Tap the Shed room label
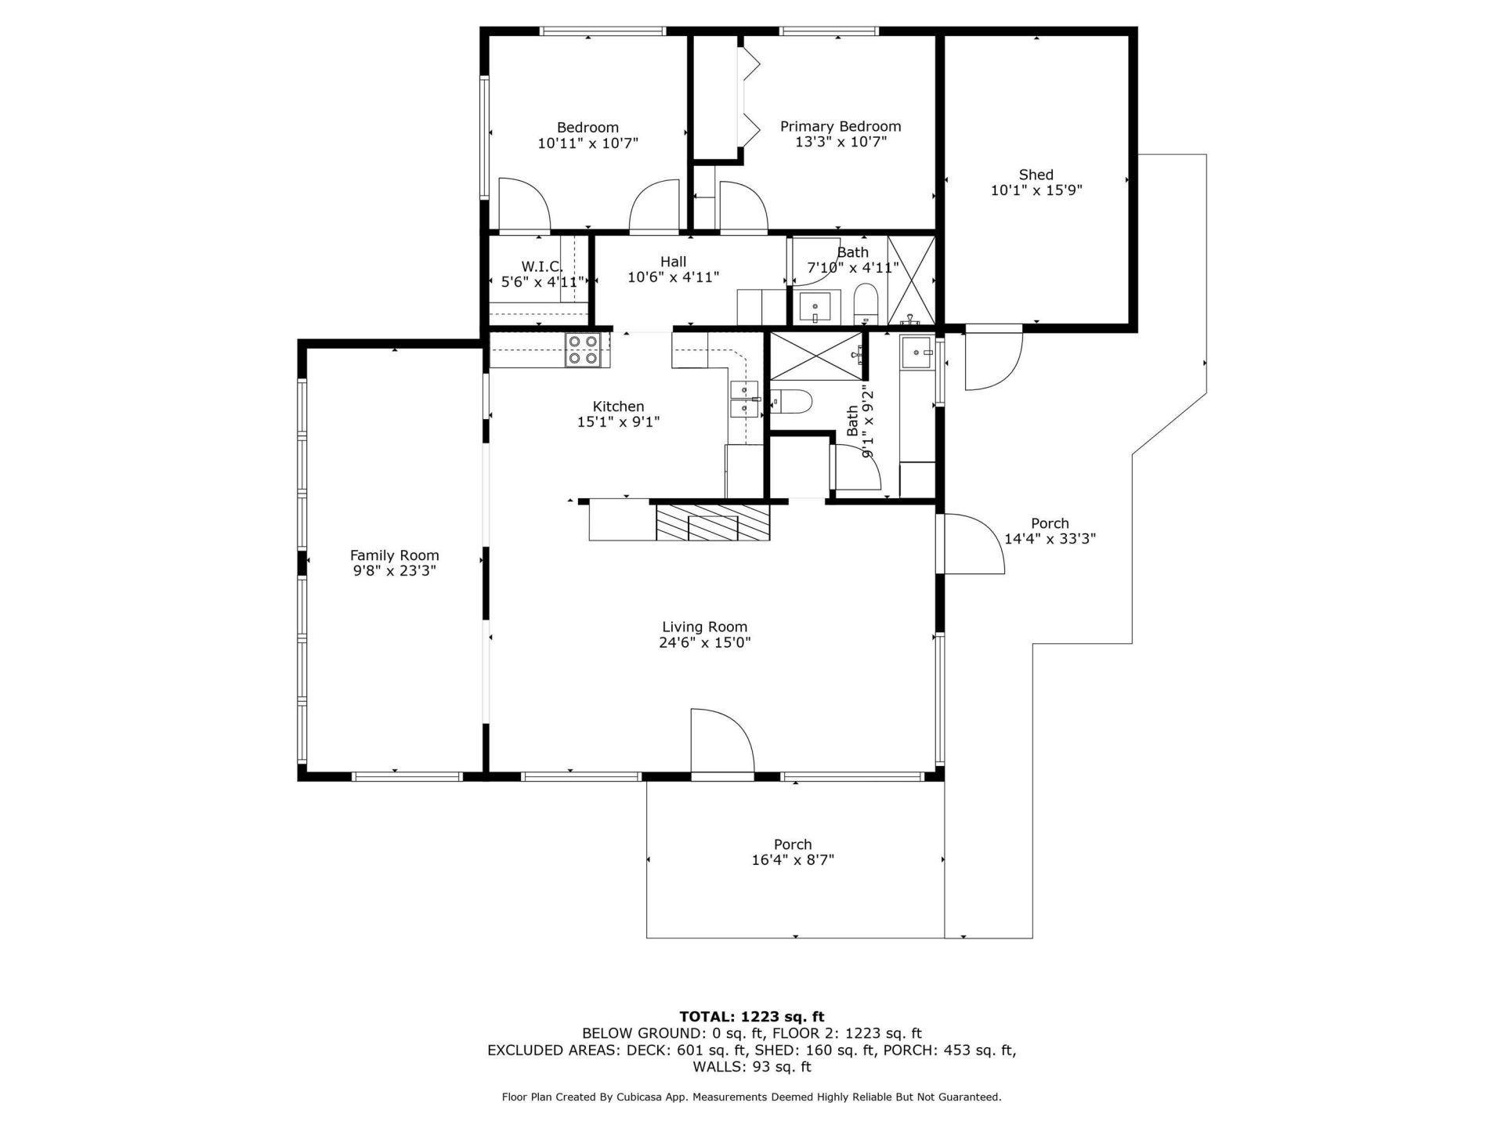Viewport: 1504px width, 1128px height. (1036, 175)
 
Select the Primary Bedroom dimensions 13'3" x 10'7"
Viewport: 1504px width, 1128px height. (841, 142)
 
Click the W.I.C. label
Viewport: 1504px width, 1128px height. (542, 266)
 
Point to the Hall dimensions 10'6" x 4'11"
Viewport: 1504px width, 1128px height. (673, 277)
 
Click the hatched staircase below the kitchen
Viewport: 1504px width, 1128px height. (713, 522)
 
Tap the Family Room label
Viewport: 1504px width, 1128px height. (394, 555)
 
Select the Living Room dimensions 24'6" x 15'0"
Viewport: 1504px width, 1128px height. (704, 642)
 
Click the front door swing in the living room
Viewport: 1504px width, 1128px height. (721, 741)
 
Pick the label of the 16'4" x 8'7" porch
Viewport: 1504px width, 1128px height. (792, 844)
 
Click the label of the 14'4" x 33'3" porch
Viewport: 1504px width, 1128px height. (1050, 523)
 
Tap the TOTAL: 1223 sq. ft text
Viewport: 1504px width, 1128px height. (751, 1018)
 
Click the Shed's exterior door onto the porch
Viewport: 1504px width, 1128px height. (992, 360)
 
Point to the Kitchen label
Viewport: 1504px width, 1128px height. (618, 406)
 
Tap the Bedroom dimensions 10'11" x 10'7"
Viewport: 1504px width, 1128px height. (587, 143)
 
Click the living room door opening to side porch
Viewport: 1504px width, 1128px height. (971, 544)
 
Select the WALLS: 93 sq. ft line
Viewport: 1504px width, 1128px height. (751, 1067)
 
